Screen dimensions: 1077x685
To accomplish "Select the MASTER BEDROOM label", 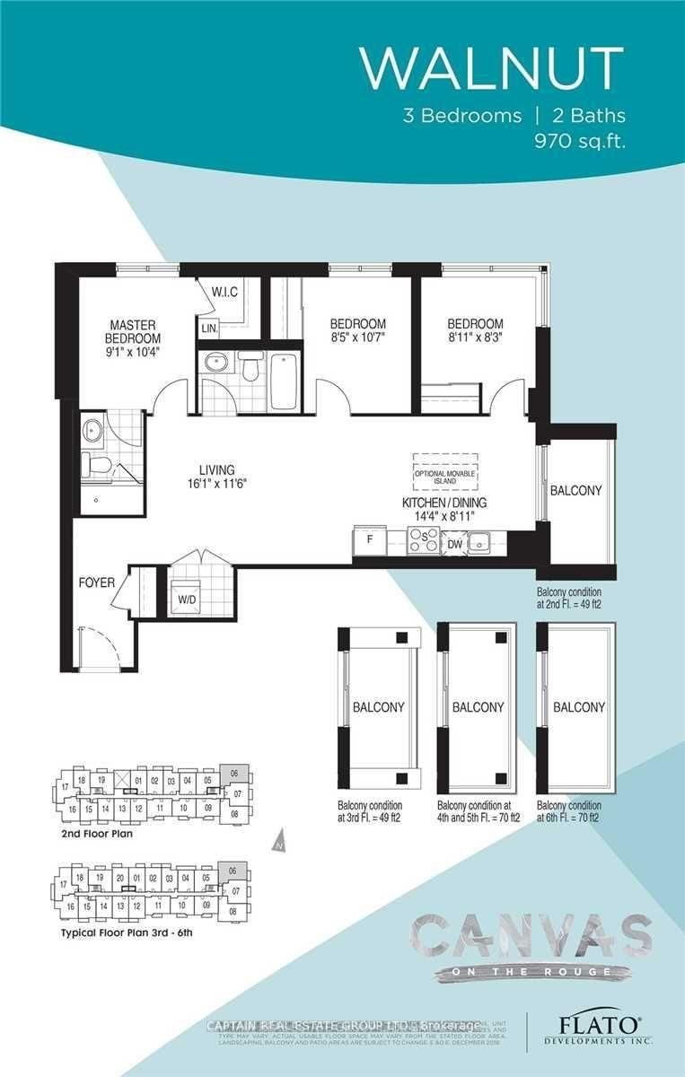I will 136,331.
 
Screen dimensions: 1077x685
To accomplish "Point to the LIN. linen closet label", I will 210,329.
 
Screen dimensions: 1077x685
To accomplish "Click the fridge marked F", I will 369,542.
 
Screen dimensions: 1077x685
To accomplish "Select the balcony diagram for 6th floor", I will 578,706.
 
